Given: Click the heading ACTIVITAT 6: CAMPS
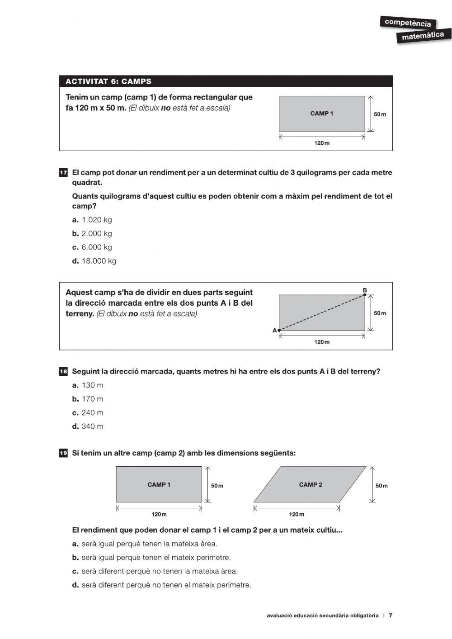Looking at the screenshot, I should (108, 82).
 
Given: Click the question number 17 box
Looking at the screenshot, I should (63, 173).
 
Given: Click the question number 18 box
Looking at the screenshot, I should (63, 372).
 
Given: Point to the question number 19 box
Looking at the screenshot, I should (63, 453).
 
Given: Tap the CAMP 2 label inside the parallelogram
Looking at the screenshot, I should (311, 485).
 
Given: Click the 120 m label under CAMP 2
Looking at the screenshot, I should (297, 514).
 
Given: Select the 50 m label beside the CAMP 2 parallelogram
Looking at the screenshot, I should (381, 486).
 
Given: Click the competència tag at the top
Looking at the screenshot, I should (408, 23).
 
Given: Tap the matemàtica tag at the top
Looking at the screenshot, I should (423, 36).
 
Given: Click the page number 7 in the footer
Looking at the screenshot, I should (391, 615).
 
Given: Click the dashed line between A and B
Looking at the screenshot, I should (322, 313).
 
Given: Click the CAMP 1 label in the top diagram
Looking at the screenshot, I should (321, 114).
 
